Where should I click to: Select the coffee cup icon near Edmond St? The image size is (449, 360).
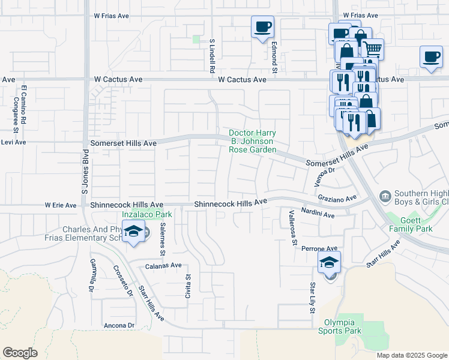point(262,27)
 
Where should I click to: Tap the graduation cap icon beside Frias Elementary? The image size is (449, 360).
point(134,231)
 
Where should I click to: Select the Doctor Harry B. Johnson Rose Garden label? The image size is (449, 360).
point(252,141)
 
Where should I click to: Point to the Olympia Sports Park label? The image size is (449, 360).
point(339,326)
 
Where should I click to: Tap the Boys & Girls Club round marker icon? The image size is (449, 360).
point(385,196)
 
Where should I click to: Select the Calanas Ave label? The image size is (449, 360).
point(163,265)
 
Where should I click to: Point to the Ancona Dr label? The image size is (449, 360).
point(118,325)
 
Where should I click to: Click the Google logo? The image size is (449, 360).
point(20,352)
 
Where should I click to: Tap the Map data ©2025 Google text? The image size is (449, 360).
point(411,355)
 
